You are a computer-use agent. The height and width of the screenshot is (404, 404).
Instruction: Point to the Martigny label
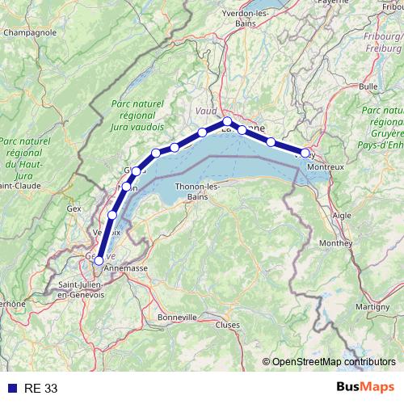click(372, 307)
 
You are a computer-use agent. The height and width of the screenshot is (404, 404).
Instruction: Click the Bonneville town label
click(179, 317)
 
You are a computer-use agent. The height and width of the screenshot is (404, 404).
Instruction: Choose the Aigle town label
click(343, 216)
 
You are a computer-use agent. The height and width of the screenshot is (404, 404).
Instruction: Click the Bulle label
click(368, 86)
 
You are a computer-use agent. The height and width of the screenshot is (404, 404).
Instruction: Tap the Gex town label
click(75, 208)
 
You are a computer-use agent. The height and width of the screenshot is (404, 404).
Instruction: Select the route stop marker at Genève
click(99, 261)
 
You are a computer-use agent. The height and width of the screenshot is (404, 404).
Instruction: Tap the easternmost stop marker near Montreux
click(305, 153)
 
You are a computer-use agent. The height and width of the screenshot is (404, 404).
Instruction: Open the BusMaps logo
click(365, 388)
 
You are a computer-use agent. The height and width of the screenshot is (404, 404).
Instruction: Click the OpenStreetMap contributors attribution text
click(334, 361)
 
